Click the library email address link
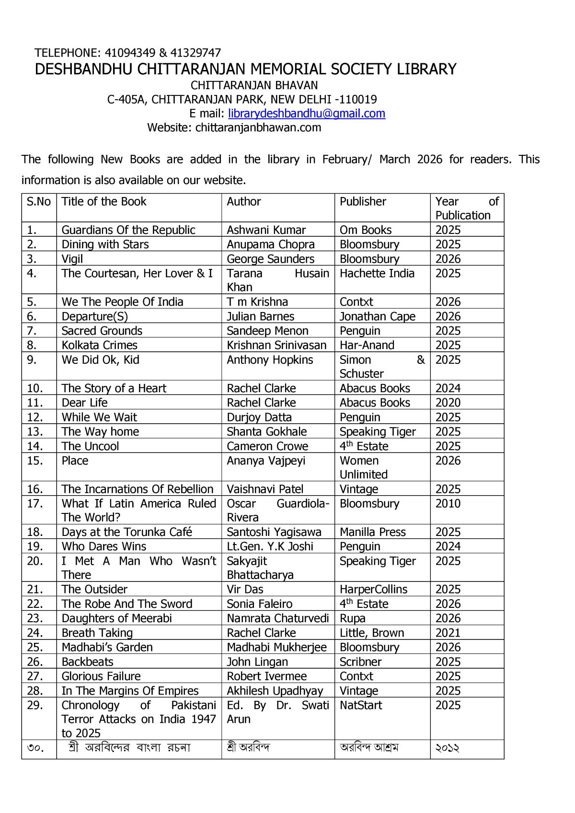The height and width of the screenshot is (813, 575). [x=307, y=114]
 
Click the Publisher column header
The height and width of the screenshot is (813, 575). [x=363, y=202]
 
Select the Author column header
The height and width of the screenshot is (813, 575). [x=243, y=202]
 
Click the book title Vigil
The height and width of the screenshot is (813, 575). [x=72, y=259]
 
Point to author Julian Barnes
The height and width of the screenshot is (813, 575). [x=260, y=317]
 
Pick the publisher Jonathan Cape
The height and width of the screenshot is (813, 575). [x=377, y=317]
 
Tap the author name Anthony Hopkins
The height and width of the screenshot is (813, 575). [x=270, y=360]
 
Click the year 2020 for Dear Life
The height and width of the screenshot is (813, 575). [x=448, y=403]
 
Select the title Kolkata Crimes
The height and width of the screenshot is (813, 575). [x=99, y=346]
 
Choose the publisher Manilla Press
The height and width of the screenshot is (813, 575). [x=372, y=532]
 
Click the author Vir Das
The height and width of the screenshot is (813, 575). [x=245, y=590]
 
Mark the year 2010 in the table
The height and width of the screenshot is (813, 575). [x=448, y=504]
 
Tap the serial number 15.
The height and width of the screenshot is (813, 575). [x=35, y=461]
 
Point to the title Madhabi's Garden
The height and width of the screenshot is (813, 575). [x=107, y=648]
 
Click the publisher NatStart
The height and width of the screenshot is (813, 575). [x=361, y=706]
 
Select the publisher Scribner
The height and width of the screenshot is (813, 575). [x=360, y=662]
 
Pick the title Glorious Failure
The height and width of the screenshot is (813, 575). [x=101, y=676]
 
